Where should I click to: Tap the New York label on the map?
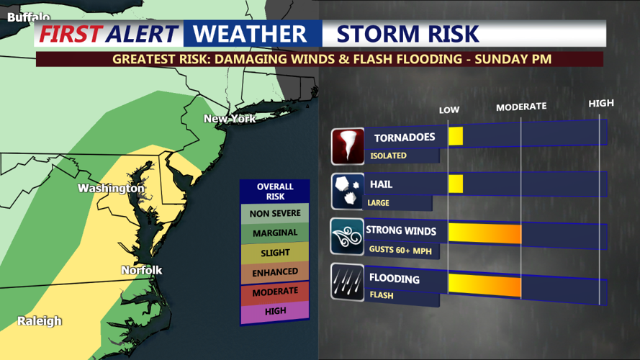pyautogui.click(x=230, y=118)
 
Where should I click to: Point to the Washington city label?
pyautogui.click(x=111, y=188)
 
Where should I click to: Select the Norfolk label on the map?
pyautogui.click(x=141, y=270)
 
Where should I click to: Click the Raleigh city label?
pyautogui.click(x=40, y=320)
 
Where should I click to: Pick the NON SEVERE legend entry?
pyautogui.click(x=275, y=214)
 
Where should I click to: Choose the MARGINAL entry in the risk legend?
pyautogui.click(x=275, y=233)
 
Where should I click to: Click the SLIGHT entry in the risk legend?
pyautogui.click(x=275, y=253)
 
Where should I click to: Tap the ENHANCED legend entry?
pyautogui.click(x=275, y=272)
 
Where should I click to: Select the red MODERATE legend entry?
pyautogui.click(x=275, y=292)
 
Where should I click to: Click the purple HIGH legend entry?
pyautogui.click(x=275, y=311)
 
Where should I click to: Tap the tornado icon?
pyautogui.click(x=348, y=146)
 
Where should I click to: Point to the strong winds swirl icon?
pyautogui.click(x=348, y=237)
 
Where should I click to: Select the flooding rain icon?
pyautogui.click(x=348, y=282)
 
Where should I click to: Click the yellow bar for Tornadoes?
pyautogui.click(x=456, y=137)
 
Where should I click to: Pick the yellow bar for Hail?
pyautogui.click(x=456, y=184)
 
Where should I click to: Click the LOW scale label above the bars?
pyautogui.click(x=449, y=110)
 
